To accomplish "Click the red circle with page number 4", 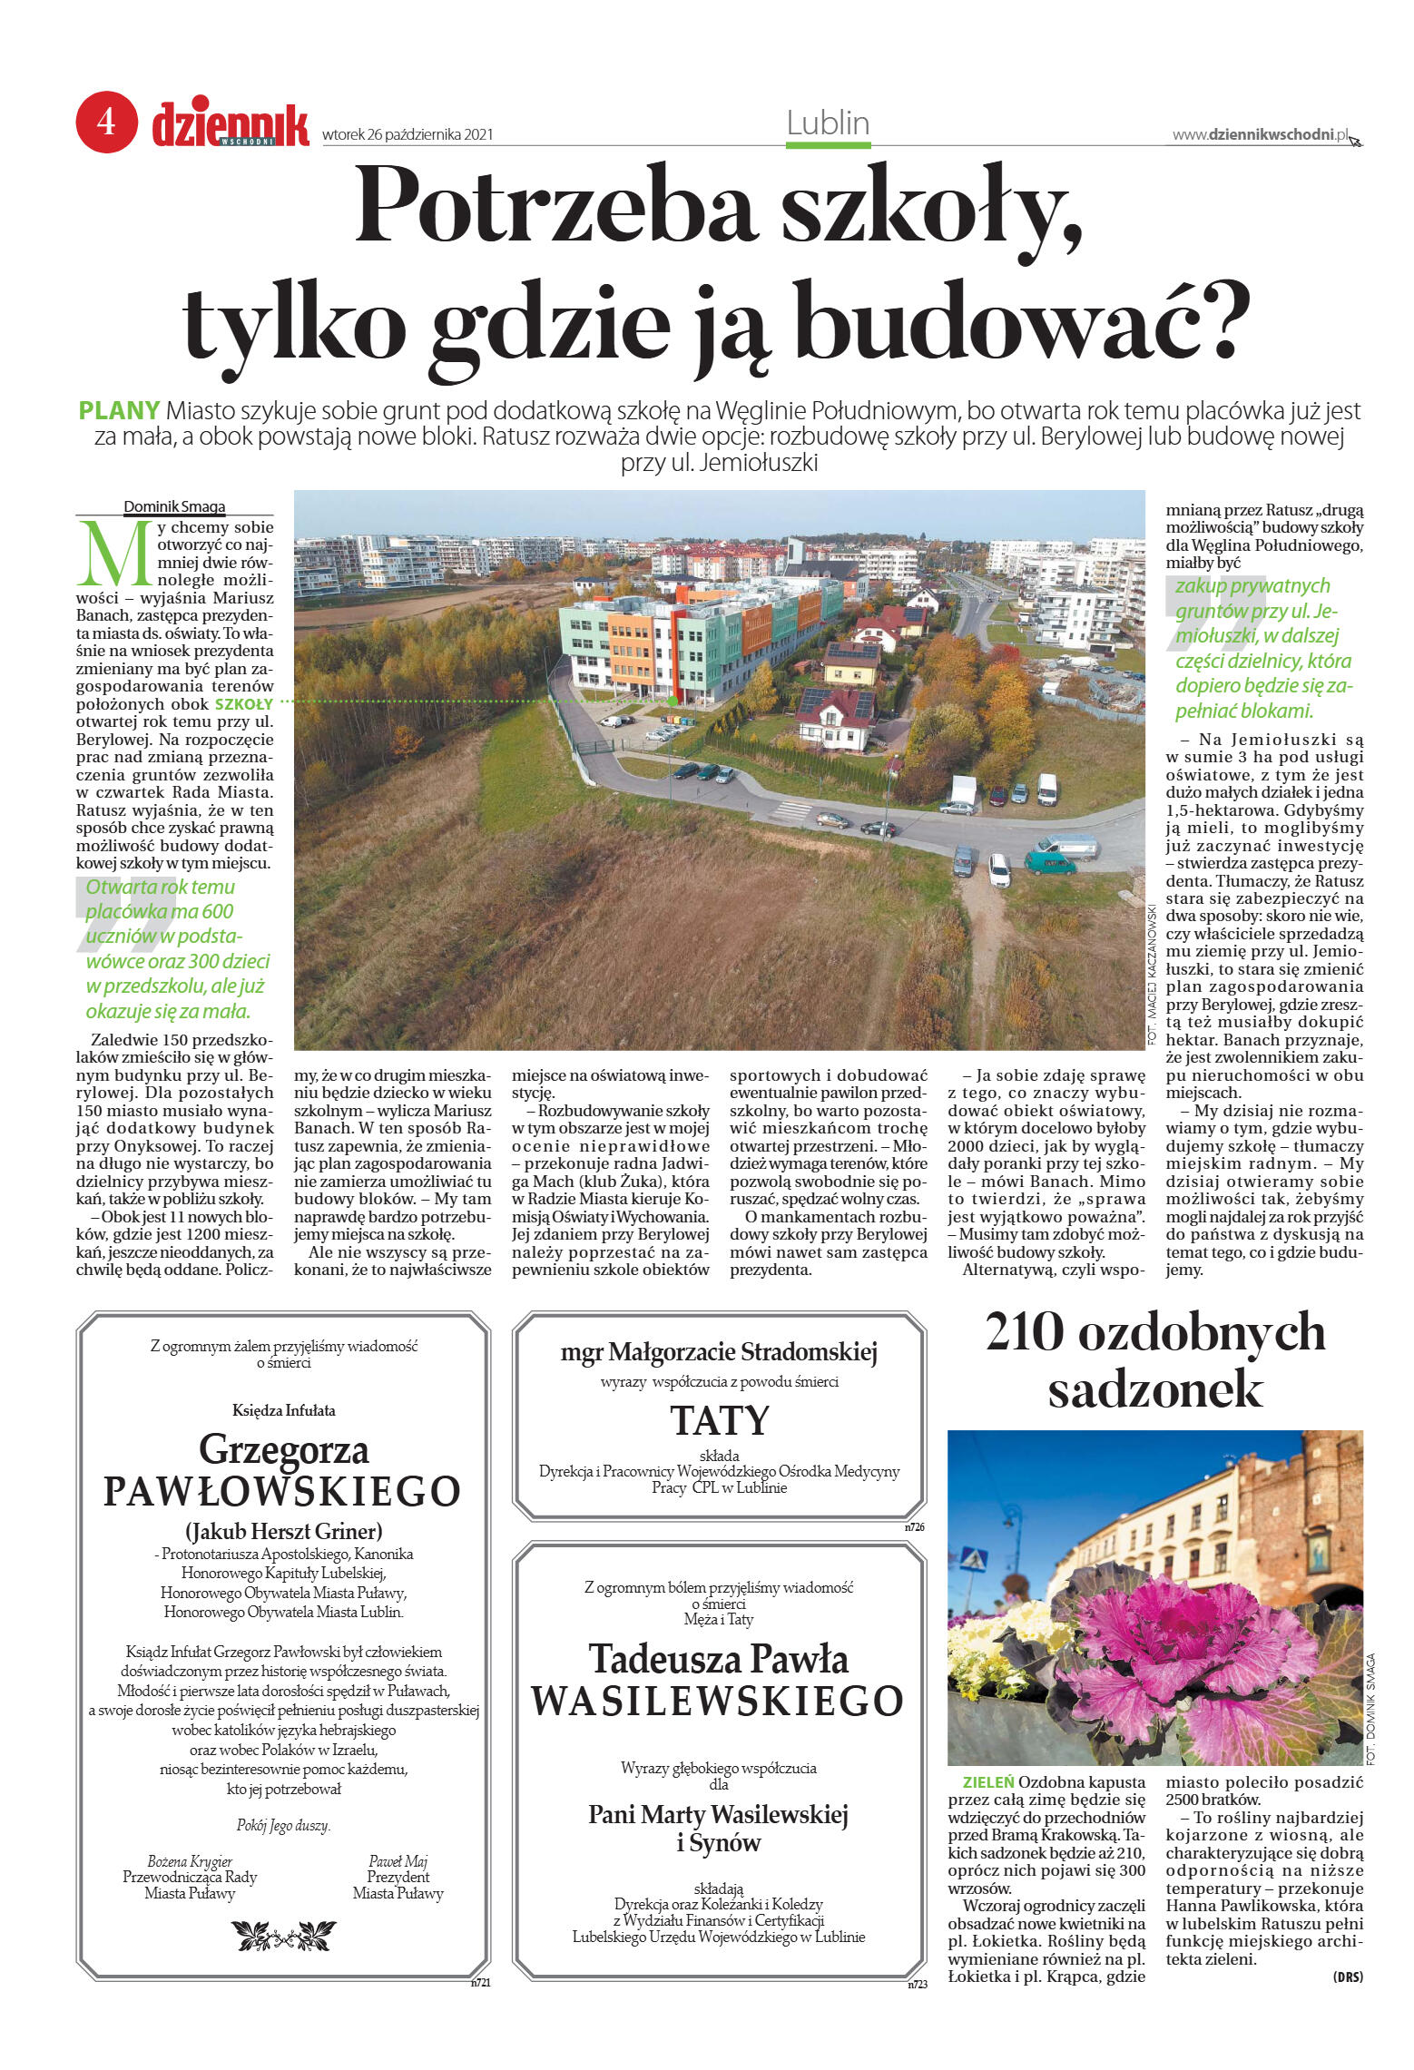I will point(106,122).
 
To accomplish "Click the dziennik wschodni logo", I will point(230,124).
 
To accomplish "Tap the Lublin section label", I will point(827,123).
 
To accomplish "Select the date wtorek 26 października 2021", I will point(407,135).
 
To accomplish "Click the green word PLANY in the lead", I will point(119,411).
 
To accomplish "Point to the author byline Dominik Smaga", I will point(174,507).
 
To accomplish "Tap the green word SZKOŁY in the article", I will point(243,703).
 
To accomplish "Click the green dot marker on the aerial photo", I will point(672,701).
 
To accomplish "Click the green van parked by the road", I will point(1049,861).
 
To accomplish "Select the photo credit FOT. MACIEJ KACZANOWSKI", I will point(1152,974).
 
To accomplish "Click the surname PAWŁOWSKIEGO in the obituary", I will point(282,1491).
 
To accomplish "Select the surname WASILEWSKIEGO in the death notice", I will point(717,1701).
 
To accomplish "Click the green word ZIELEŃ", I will point(980,1782).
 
